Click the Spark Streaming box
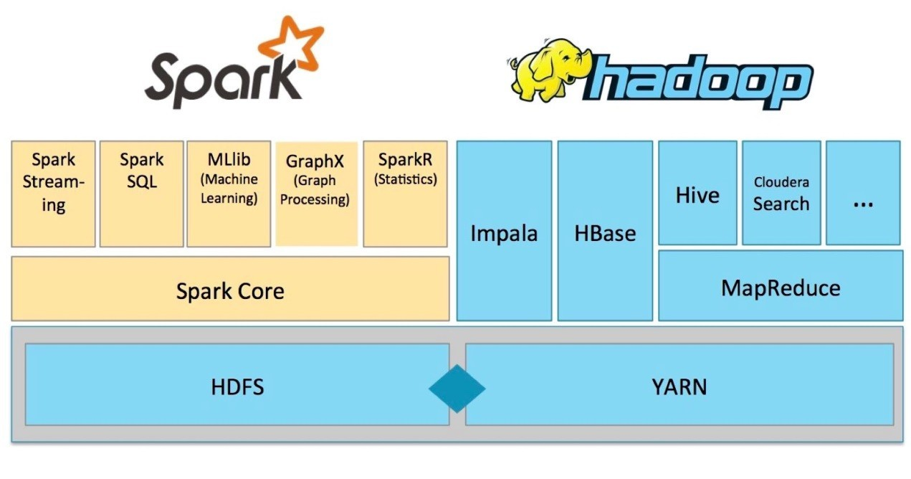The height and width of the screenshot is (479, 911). point(53,194)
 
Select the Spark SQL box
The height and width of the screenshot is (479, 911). point(141,194)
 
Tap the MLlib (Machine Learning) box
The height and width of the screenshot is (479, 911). point(229,194)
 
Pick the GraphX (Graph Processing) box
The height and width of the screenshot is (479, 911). point(316,194)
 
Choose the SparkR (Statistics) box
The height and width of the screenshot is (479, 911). point(405,194)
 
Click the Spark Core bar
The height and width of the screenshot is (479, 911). point(230,289)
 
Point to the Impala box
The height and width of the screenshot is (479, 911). point(504,231)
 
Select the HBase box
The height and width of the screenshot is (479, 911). point(605,231)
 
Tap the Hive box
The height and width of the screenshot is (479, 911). point(697,194)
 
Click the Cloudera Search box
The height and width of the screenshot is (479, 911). point(781,194)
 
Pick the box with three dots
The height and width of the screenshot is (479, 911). point(863,194)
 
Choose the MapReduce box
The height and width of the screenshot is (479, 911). point(781,286)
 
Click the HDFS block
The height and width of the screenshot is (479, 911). point(237,385)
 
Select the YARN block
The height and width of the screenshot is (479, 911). point(679,385)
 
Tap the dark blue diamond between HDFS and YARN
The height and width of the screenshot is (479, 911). point(457,388)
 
